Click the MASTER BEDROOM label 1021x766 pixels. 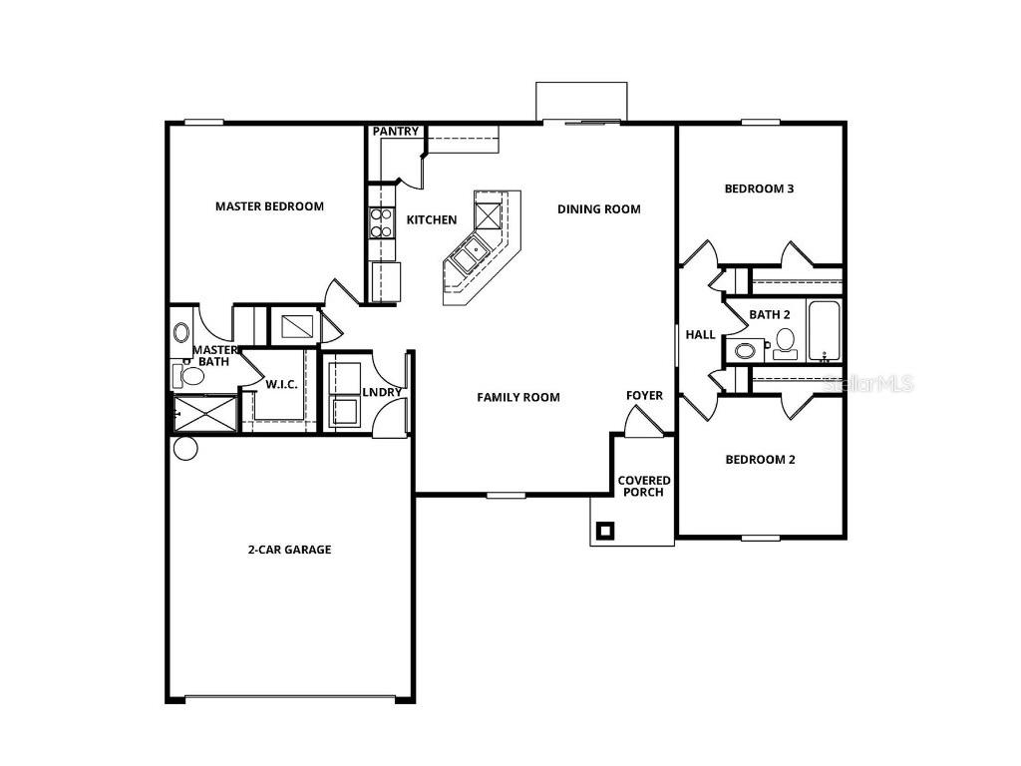tap(269, 206)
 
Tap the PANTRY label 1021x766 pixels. tap(395, 132)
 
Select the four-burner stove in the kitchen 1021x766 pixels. tap(382, 221)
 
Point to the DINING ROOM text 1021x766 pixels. tap(598, 209)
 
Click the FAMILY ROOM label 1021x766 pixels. tap(517, 397)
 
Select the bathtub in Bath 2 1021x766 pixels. tap(825, 331)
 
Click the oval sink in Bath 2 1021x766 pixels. tap(743, 350)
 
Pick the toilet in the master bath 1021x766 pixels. tap(182, 375)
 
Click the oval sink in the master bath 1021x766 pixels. tap(181, 332)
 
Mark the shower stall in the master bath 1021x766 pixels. tap(206, 413)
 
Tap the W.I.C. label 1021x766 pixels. tap(281, 384)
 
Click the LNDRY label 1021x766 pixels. tap(382, 392)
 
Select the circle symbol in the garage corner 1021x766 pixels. tap(185, 449)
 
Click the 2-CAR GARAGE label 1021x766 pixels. tap(289, 550)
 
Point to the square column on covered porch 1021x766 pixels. tap(604, 531)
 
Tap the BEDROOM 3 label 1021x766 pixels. tap(759, 189)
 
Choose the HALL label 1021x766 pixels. tap(700, 335)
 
